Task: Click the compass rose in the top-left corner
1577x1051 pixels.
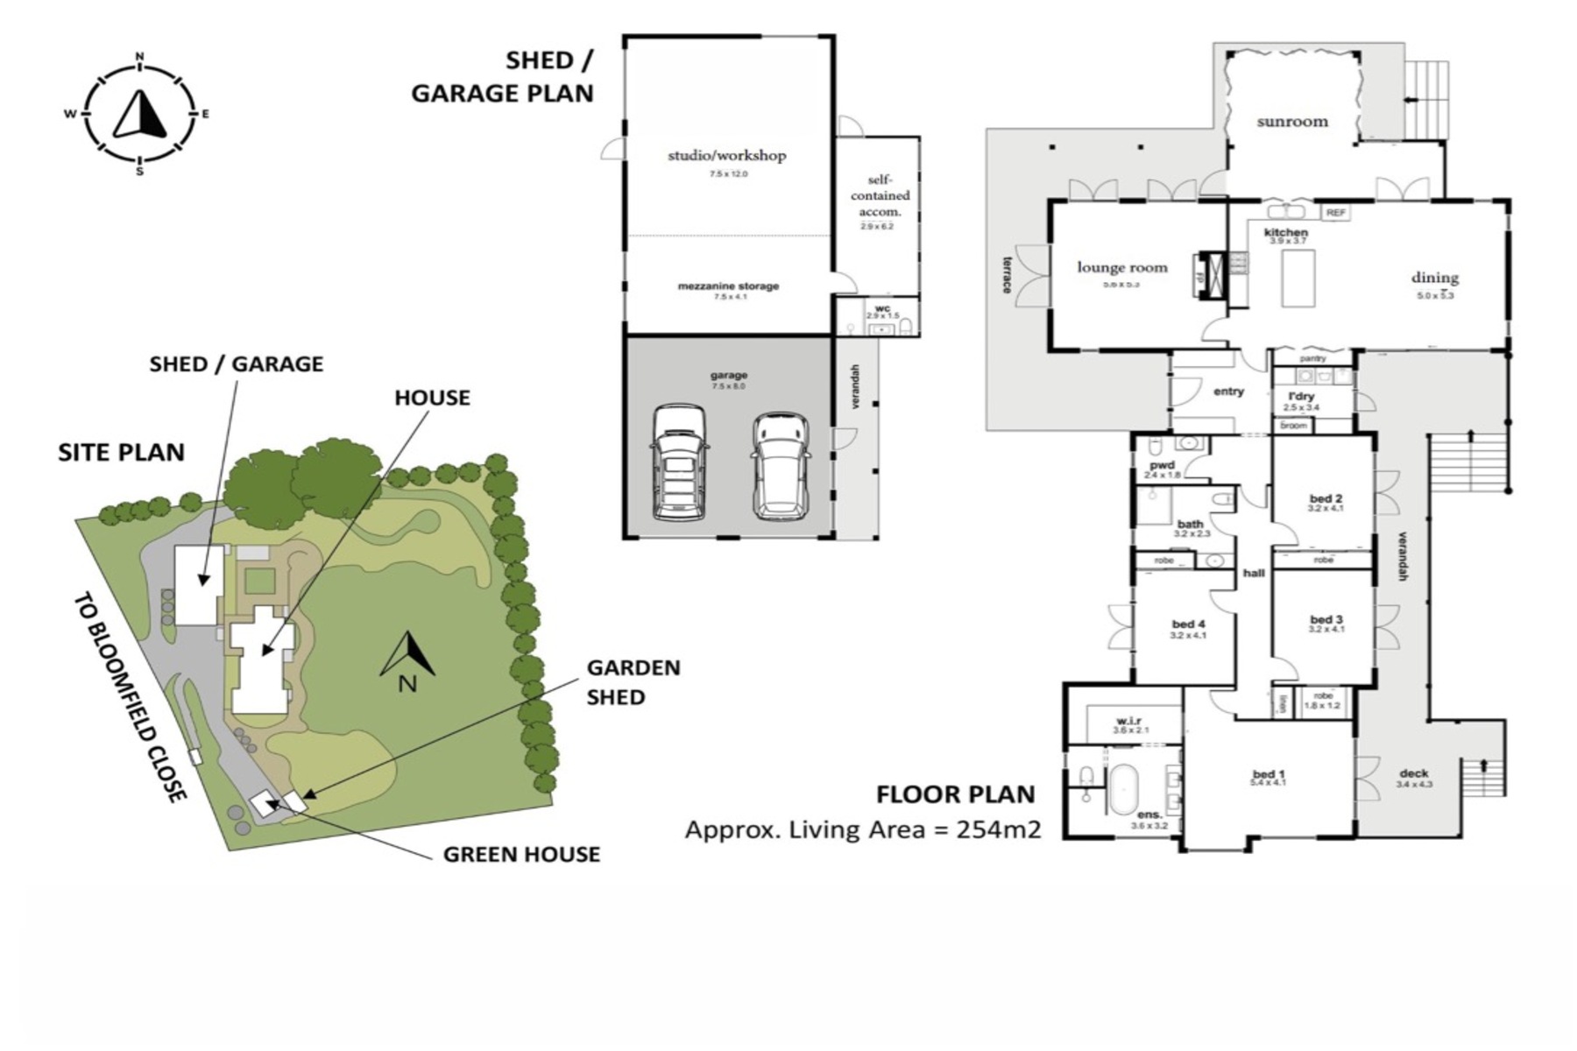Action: click(x=139, y=114)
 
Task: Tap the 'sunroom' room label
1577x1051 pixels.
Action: click(x=1292, y=122)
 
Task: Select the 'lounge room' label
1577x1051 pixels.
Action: click(x=1122, y=267)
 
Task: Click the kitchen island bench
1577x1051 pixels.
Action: click(x=1298, y=279)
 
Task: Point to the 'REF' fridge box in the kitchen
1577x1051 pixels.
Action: click(x=1335, y=213)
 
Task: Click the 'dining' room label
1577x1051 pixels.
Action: click(x=1435, y=278)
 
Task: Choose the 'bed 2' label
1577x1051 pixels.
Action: click(x=1326, y=498)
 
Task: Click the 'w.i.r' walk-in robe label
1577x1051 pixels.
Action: click(x=1129, y=721)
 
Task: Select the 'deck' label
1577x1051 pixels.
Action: click(x=1413, y=773)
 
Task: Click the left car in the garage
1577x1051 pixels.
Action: click(x=679, y=462)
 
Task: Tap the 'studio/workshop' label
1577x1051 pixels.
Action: click(x=727, y=156)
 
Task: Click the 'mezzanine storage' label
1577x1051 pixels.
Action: click(x=728, y=286)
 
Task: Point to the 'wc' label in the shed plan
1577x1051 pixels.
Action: click(x=882, y=308)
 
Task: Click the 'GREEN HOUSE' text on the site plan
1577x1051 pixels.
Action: click(x=521, y=854)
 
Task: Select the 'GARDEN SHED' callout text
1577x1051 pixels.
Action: click(x=633, y=682)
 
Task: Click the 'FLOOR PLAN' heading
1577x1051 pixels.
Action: click(x=956, y=794)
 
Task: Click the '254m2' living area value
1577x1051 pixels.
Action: click(x=998, y=829)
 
